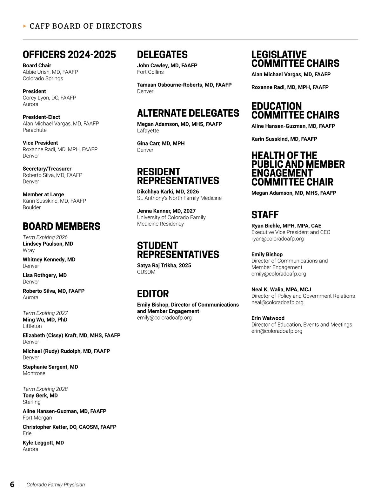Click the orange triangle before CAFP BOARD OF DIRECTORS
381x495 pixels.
[x=25, y=26]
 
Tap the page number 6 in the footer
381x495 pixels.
[x=12, y=484]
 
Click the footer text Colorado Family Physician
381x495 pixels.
[x=56, y=485]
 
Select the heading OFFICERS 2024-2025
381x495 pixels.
[x=69, y=55]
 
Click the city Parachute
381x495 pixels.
[x=35, y=130]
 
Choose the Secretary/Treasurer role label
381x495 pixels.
[x=47, y=169]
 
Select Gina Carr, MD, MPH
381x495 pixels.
[x=161, y=143]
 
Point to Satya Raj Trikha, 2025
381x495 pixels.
[x=164, y=265]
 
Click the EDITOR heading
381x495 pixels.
[x=153, y=294]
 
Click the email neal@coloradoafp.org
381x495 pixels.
[x=277, y=302]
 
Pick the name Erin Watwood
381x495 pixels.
[x=268, y=318]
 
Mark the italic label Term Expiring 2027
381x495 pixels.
[x=45, y=313]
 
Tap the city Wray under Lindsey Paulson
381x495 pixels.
[x=29, y=250]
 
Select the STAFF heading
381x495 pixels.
[x=265, y=215]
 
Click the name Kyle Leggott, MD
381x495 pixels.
[x=43, y=443]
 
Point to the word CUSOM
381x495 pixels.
[x=146, y=272]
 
